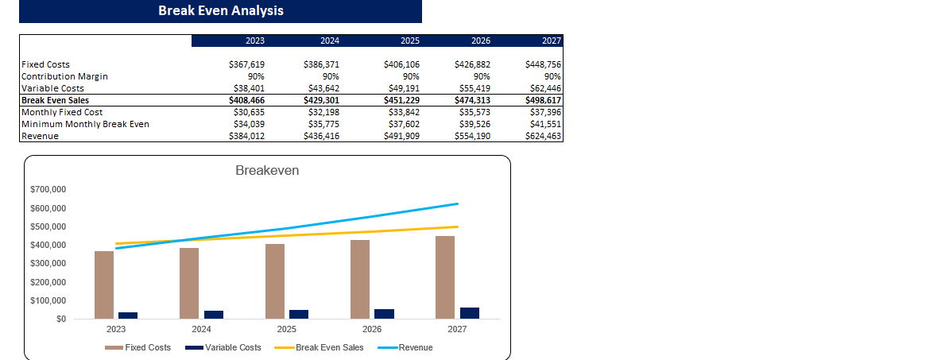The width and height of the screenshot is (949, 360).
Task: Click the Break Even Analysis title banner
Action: click(x=220, y=11)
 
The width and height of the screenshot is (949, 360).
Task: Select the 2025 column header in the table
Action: click(x=409, y=41)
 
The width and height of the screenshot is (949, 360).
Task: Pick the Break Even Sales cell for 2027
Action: click(x=543, y=100)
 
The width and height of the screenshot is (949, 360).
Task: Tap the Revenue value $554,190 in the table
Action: click(x=472, y=136)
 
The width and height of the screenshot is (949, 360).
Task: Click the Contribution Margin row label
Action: click(x=64, y=76)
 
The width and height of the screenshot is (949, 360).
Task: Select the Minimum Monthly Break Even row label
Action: click(x=85, y=124)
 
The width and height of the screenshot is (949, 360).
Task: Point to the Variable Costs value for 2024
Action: click(x=321, y=88)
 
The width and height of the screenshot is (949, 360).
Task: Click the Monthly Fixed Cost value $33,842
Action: click(x=401, y=112)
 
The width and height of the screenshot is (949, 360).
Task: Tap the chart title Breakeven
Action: click(x=267, y=171)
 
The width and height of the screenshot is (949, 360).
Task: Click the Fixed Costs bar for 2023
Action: click(x=104, y=285)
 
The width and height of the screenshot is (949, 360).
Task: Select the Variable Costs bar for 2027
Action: click(x=470, y=313)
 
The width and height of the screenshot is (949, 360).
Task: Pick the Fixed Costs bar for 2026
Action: click(x=360, y=280)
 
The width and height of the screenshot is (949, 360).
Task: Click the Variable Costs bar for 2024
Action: click(x=214, y=315)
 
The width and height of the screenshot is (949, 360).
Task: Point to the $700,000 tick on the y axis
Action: click(x=48, y=190)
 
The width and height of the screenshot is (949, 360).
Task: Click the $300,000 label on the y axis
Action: click(x=48, y=264)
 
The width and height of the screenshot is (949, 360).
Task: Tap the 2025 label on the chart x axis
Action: click(x=287, y=328)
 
